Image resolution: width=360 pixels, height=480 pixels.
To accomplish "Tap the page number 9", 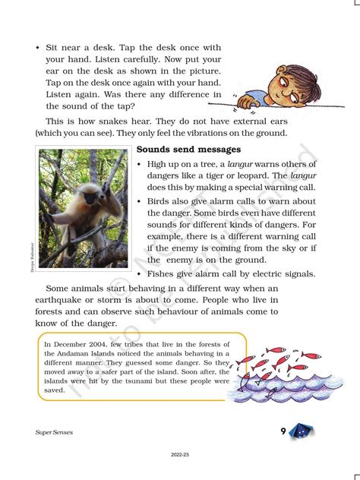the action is tap(283, 431).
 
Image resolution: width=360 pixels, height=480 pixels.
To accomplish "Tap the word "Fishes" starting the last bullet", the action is tap(165, 273).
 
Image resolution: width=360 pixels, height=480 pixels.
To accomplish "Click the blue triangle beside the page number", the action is tap(302, 431).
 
